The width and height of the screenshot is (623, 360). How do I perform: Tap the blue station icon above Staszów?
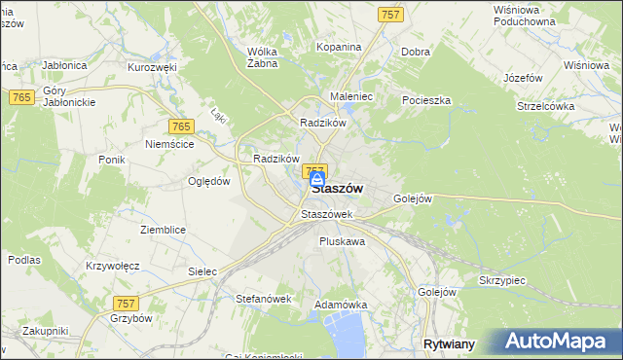pos(317,181)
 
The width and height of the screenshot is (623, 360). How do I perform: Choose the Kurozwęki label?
pos(151,67)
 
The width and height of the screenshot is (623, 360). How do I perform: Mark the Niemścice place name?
pos(169,143)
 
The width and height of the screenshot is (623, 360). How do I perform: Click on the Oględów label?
pos(209,180)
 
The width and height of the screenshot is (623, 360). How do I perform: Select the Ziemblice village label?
pos(163,230)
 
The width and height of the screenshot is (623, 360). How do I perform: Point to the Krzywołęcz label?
pos(113,266)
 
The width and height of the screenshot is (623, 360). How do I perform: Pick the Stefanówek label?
pos(264,299)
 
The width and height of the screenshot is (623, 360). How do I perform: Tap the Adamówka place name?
pos(340,305)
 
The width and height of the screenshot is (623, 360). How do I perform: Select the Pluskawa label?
pos(342,240)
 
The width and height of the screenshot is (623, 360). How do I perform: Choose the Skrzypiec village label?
pos(502,279)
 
